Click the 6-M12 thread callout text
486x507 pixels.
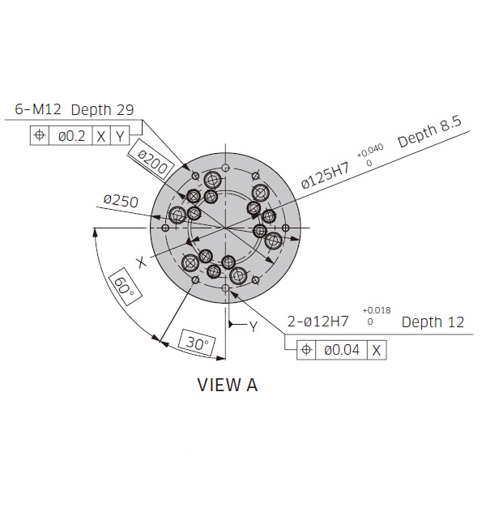click(x=40, y=109)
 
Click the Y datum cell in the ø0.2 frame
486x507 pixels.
click(x=118, y=136)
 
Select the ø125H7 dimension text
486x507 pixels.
click(x=326, y=177)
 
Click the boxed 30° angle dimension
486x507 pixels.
click(x=193, y=343)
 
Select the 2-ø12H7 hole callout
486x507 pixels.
click(x=318, y=322)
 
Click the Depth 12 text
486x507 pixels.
click(x=433, y=322)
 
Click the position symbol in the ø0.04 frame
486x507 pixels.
click(x=306, y=349)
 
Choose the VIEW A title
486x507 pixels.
click(x=228, y=385)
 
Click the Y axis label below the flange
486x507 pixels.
click(x=253, y=326)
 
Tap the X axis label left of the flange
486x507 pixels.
click(x=141, y=262)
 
